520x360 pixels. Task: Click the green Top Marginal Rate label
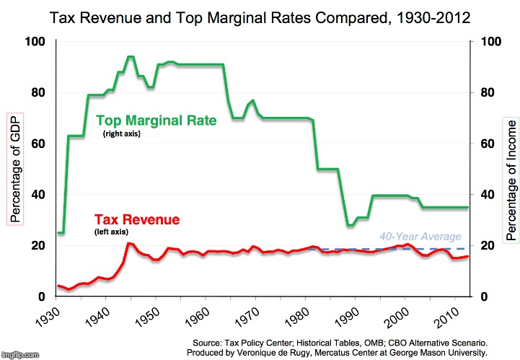(156, 121)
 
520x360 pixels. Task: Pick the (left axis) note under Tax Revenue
(111, 212)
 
